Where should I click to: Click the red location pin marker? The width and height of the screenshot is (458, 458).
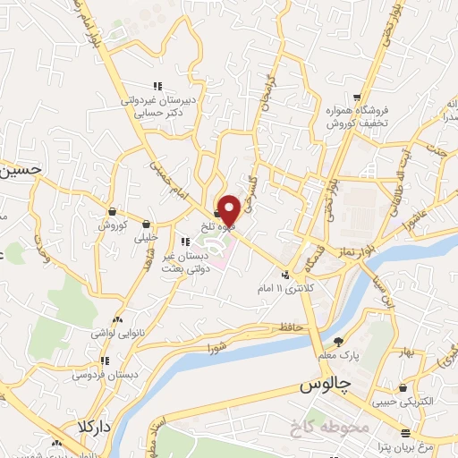click(x=230, y=208)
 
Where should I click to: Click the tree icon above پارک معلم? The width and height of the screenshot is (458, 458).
click(x=339, y=341)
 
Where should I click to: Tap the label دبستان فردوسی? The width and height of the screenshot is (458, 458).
click(x=104, y=376)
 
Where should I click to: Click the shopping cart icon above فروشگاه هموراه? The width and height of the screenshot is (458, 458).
click(x=357, y=97)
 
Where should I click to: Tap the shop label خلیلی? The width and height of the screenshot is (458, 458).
click(x=145, y=238)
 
